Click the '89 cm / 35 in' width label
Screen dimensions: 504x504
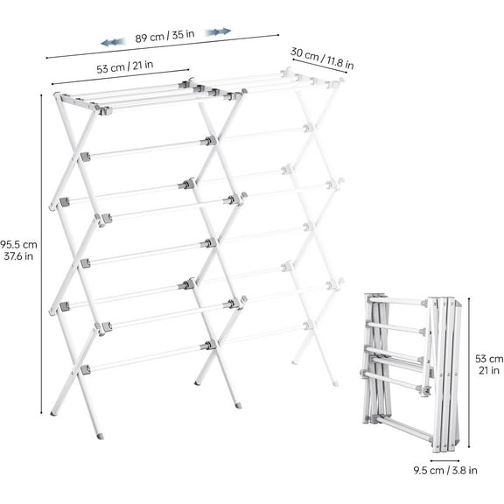[164, 38]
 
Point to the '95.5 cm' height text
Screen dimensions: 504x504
[18, 244]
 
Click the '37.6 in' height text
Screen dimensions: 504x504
[18, 256]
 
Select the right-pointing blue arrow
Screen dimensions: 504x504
[218, 31]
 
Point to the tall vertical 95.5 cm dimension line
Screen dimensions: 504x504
[41, 254]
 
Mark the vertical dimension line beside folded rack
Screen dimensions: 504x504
[470, 372]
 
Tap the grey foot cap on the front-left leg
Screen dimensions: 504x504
[100, 435]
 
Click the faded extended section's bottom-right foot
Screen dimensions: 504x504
[334, 382]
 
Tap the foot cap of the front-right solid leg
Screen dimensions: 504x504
[238, 406]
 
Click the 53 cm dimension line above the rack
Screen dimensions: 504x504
[121, 78]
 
